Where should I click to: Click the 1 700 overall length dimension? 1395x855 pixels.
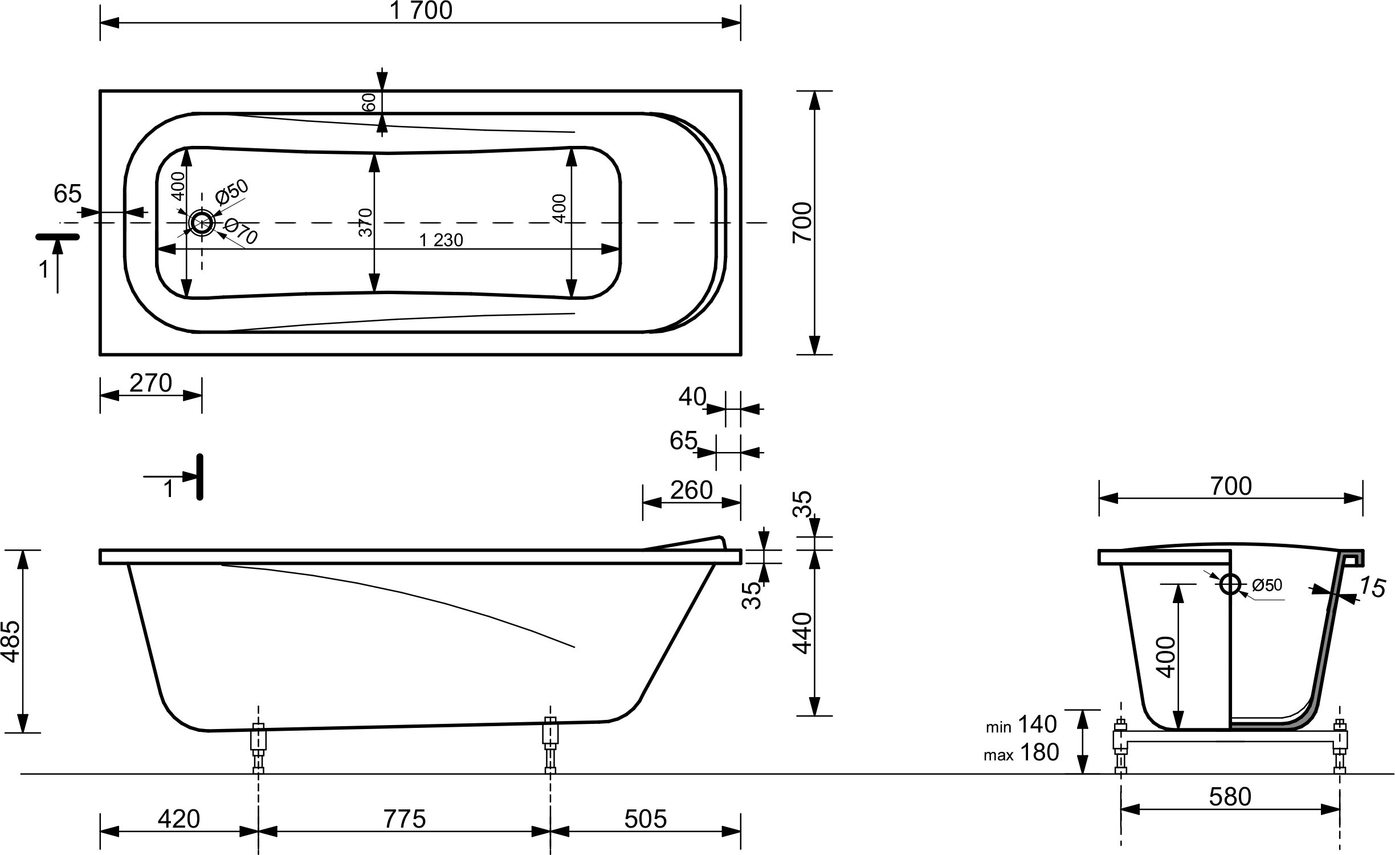tap(422, 11)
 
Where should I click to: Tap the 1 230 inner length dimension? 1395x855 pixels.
tap(441, 240)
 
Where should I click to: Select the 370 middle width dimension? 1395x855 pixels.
tap(365, 222)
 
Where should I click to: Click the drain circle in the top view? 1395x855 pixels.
tap(201, 223)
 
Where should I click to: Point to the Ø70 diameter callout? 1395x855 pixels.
tap(241, 232)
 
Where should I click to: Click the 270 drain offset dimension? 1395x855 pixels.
tap(150, 383)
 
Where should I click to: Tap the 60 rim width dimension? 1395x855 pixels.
tap(369, 103)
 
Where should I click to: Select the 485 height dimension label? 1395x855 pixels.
tap(11, 641)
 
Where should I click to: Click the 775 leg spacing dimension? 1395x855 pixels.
tap(405, 819)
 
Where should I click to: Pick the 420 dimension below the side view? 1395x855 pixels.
tap(179, 819)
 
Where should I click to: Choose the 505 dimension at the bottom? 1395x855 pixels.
tap(645, 819)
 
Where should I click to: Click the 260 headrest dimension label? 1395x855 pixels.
tap(691, 490)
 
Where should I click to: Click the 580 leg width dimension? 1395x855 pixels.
tap(1230, 797)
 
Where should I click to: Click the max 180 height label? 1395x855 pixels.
tap(1021, 752)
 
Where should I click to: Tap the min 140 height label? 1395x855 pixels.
tap(1021, 724)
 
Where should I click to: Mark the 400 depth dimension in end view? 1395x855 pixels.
tap(1166, 657)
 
